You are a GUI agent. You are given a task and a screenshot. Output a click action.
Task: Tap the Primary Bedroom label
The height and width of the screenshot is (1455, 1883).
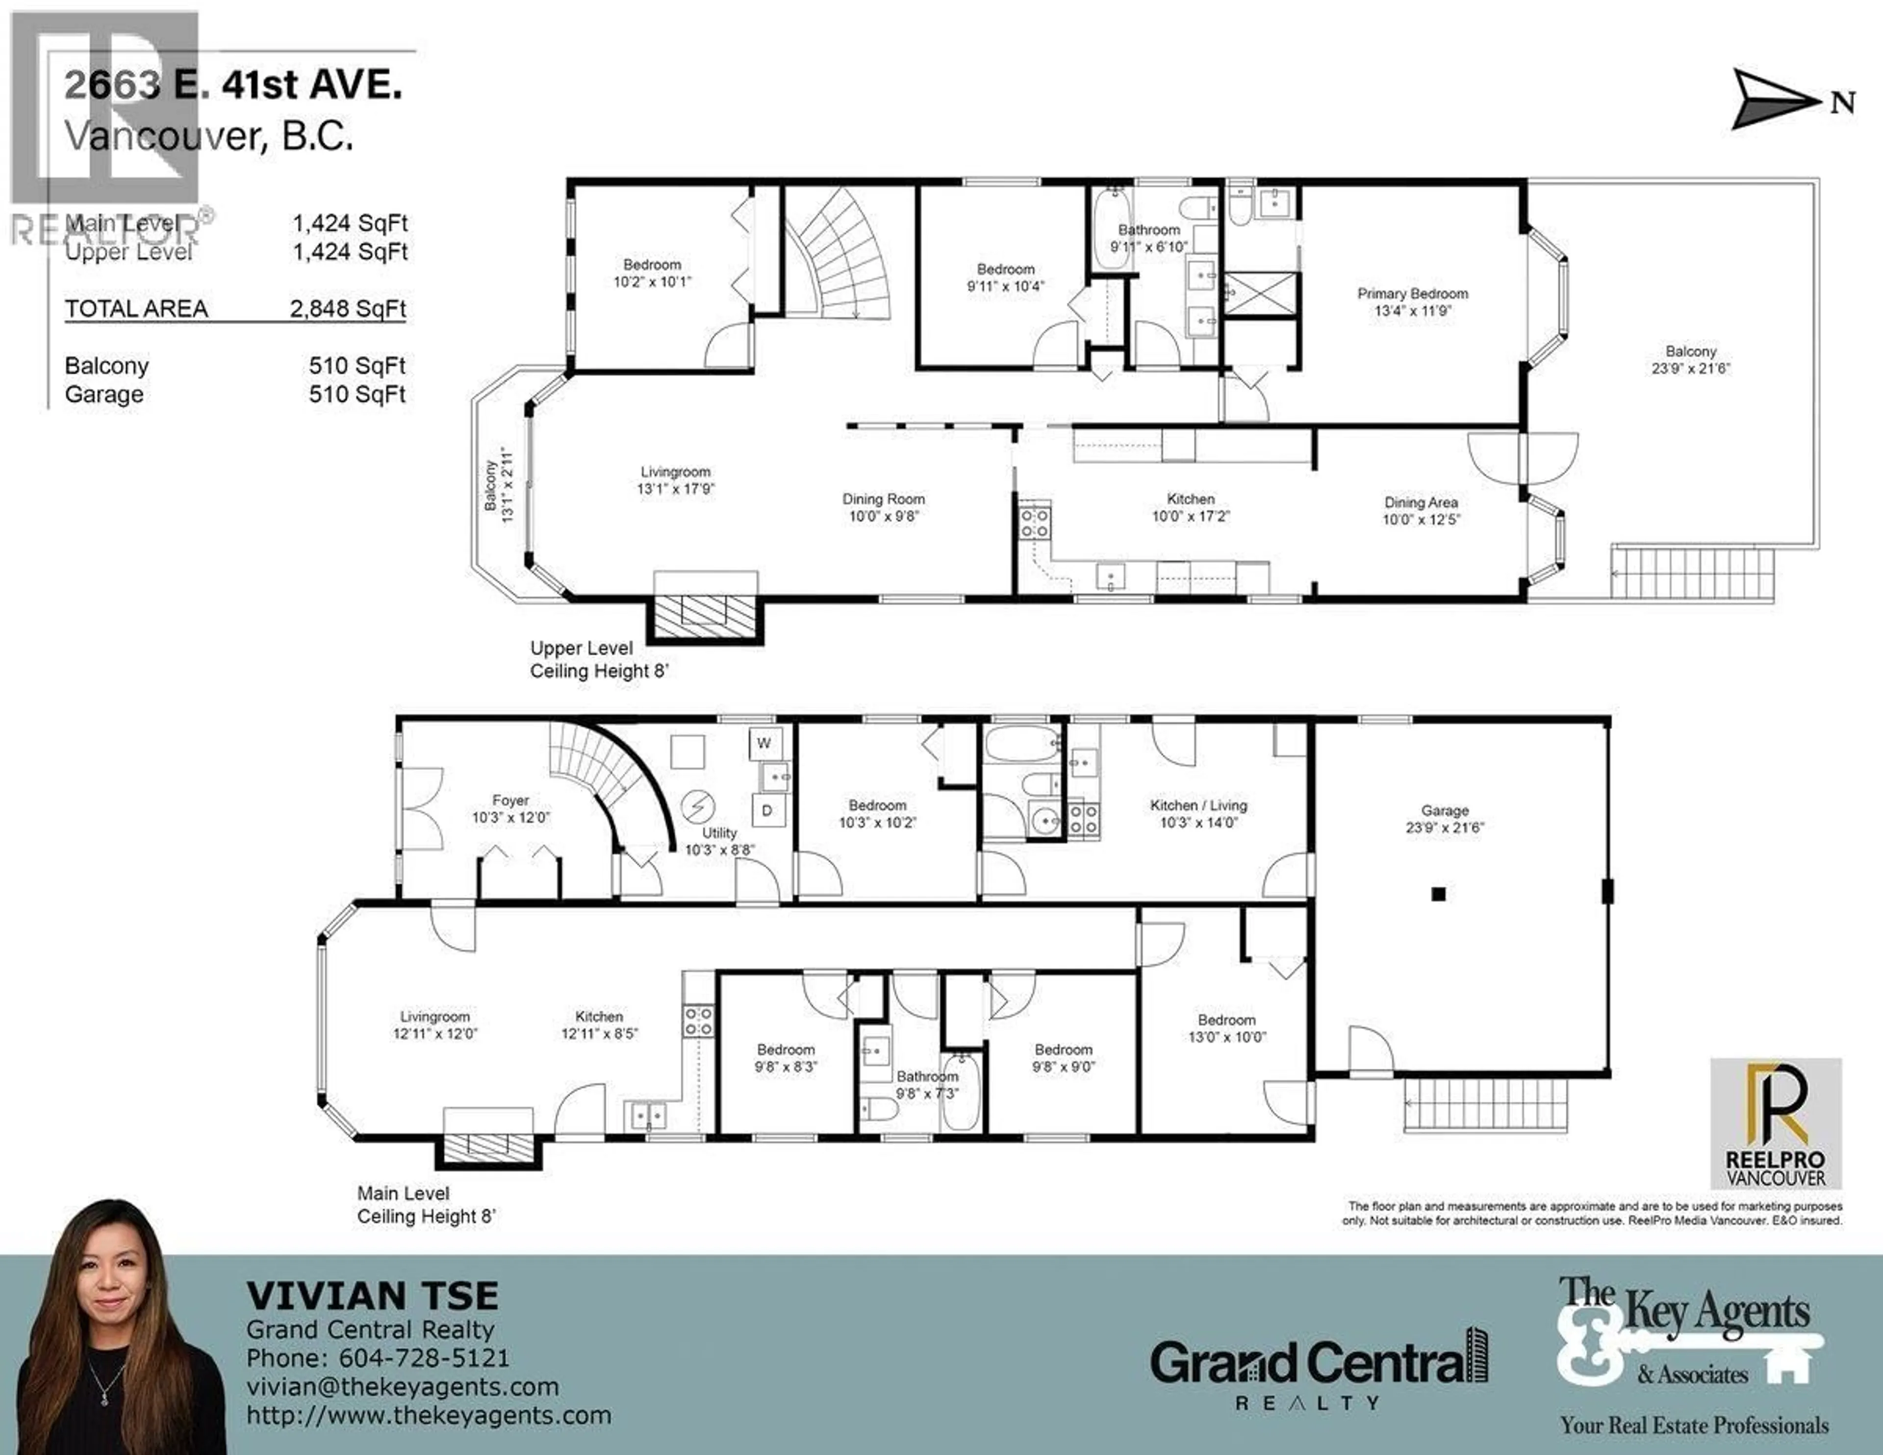click(1412, 294)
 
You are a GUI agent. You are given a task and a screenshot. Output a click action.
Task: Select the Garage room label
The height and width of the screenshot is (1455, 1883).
click(1445, 811)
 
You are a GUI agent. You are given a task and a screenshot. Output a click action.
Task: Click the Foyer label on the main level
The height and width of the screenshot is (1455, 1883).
click(510, 801)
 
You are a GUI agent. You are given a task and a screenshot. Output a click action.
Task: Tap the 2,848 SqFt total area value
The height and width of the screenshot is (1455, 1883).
click(348, 309)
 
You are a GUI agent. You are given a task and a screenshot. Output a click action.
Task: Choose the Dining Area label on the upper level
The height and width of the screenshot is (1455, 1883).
click(1421, 502)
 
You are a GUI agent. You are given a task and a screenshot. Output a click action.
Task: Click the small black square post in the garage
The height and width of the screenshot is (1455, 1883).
click(1438, 894)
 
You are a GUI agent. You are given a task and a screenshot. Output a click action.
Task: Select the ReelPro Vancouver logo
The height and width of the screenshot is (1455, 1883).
click(1776, 1124)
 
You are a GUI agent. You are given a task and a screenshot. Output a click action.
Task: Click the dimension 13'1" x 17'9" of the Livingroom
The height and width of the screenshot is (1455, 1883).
click(675, 489)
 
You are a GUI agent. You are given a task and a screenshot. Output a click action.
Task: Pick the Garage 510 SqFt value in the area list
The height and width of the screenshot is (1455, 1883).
click(357, 394)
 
